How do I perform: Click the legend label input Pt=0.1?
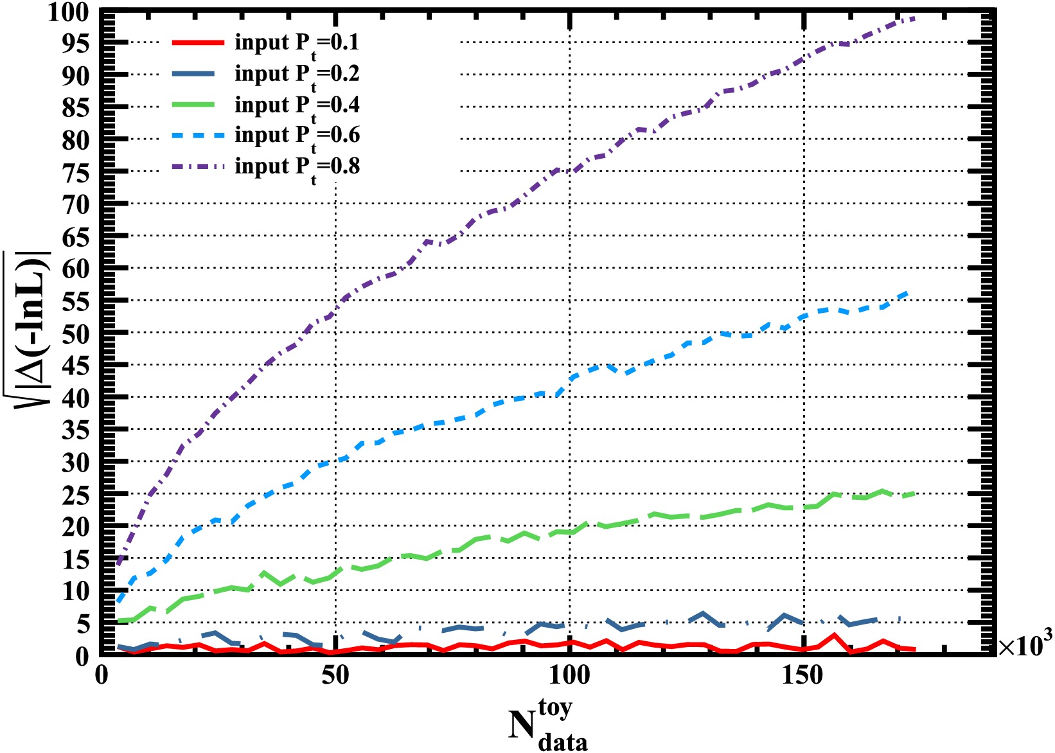(297, 43)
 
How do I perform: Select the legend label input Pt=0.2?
(297, 74)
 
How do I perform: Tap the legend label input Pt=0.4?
(297, 105)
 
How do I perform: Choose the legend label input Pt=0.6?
(297, 135)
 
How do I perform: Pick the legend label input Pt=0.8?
(297, 166)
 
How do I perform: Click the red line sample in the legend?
(198, 43)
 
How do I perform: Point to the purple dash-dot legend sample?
(198, 167)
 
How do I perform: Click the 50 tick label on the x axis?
(335, 675)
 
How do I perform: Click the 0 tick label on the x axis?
(101, 675)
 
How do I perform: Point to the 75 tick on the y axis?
(75, 172)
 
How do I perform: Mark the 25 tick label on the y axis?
(75, 495)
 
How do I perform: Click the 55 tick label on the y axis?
(75, 301)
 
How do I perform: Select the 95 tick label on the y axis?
(75, 43)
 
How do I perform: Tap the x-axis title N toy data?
(547, 725)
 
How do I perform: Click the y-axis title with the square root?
(31, 328)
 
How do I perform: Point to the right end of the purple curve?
(914, 19)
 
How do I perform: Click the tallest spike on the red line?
(834, 635)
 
